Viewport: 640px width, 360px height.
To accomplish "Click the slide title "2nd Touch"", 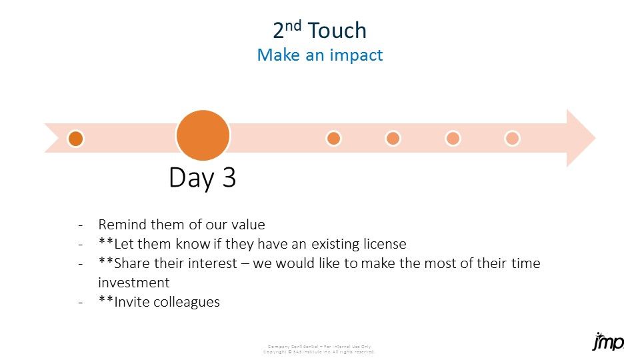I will [320, 31].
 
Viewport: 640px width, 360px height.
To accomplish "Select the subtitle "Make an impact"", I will [320, 55].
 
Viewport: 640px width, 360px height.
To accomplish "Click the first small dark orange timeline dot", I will [76, 138].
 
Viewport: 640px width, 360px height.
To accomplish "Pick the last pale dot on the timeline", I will [512, 138].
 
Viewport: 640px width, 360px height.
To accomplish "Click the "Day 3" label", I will [203, 178].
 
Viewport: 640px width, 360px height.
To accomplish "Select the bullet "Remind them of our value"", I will [181, 225].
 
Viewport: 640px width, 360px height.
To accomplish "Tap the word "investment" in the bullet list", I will [134, 283].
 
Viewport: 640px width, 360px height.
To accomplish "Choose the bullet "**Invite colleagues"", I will [159, 302].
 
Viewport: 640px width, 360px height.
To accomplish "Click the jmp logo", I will [608, 343].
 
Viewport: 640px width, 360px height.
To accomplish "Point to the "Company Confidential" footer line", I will [319, 346].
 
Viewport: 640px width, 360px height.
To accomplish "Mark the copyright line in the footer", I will [319, 351].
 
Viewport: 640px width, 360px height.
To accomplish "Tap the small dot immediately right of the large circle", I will [333, 138].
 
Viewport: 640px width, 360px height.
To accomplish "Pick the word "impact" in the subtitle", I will [358, 55].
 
